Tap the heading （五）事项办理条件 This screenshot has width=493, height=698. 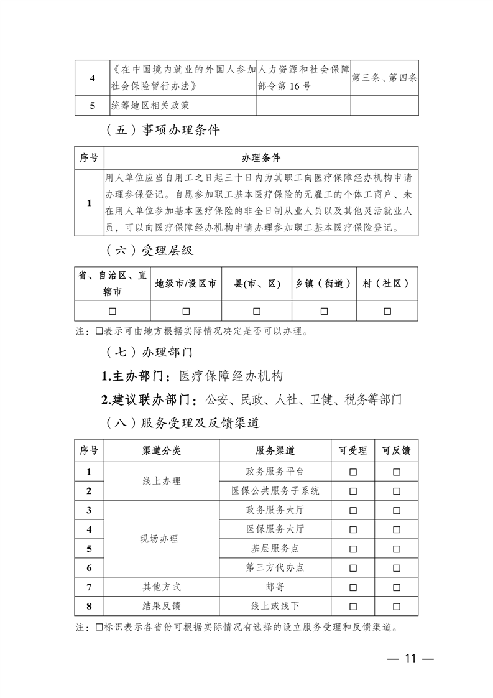point(163,131)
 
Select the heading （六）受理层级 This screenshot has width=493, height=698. point(149,251)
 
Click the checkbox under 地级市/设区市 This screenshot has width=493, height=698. point(186,311)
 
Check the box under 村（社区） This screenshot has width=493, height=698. point(387,311)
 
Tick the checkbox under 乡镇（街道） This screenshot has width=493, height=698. point(324,311)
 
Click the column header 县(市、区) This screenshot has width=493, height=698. point(257,284)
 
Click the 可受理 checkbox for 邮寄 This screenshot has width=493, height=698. point(352,587)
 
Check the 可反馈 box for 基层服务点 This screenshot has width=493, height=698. point(397,549)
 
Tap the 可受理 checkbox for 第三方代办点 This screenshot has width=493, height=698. point(352,568)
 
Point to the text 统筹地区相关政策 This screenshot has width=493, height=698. point(149,105)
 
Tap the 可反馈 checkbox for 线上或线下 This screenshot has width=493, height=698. point(397,606)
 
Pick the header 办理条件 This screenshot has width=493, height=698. point(260,158)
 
